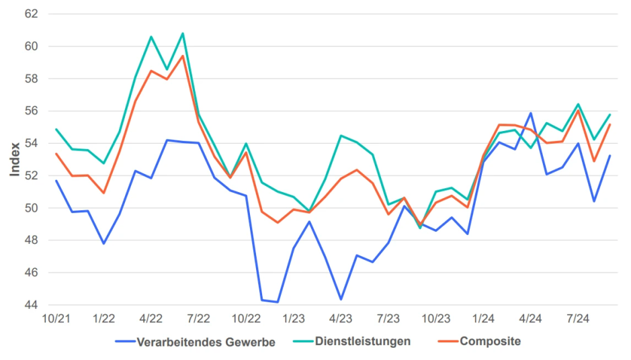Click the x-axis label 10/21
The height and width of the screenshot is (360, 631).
56,318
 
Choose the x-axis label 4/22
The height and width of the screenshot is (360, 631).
151,318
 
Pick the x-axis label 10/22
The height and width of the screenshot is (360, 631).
246,318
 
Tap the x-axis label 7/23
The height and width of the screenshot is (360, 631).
388,318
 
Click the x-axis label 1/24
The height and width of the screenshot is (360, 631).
484,318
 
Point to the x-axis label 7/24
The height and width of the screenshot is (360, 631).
579,318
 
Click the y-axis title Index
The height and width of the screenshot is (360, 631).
15,160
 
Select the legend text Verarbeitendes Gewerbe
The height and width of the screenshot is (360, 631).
206,342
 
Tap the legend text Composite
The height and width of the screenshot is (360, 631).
490,341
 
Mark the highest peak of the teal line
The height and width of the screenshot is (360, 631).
183,34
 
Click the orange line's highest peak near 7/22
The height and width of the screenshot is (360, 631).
183,56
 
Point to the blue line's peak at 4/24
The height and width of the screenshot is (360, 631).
531,113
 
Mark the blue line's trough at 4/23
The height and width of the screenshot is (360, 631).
341,299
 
